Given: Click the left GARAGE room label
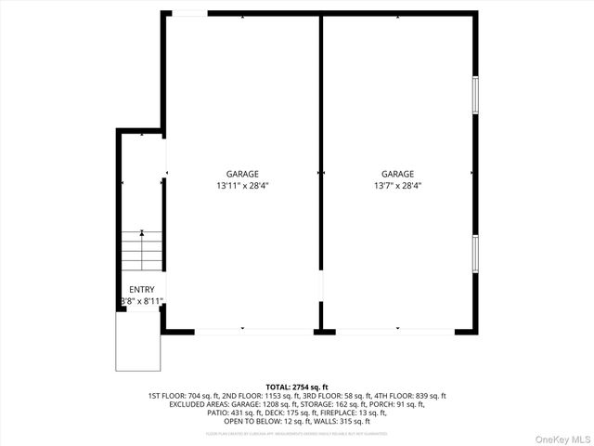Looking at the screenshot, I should click(242, 174).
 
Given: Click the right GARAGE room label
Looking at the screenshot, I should click(397, 174).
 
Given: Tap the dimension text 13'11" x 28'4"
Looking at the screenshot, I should click(242, 186).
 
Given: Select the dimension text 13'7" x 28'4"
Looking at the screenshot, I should click(397, 186).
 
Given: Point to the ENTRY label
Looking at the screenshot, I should click(142, 290).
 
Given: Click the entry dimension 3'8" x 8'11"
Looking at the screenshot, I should click(143, 301).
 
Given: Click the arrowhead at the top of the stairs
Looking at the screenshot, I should click(142, 232).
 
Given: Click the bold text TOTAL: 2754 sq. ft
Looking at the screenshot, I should click(297, 387).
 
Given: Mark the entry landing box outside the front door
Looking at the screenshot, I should click(138, 340).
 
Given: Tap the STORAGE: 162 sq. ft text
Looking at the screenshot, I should click(333, 404).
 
